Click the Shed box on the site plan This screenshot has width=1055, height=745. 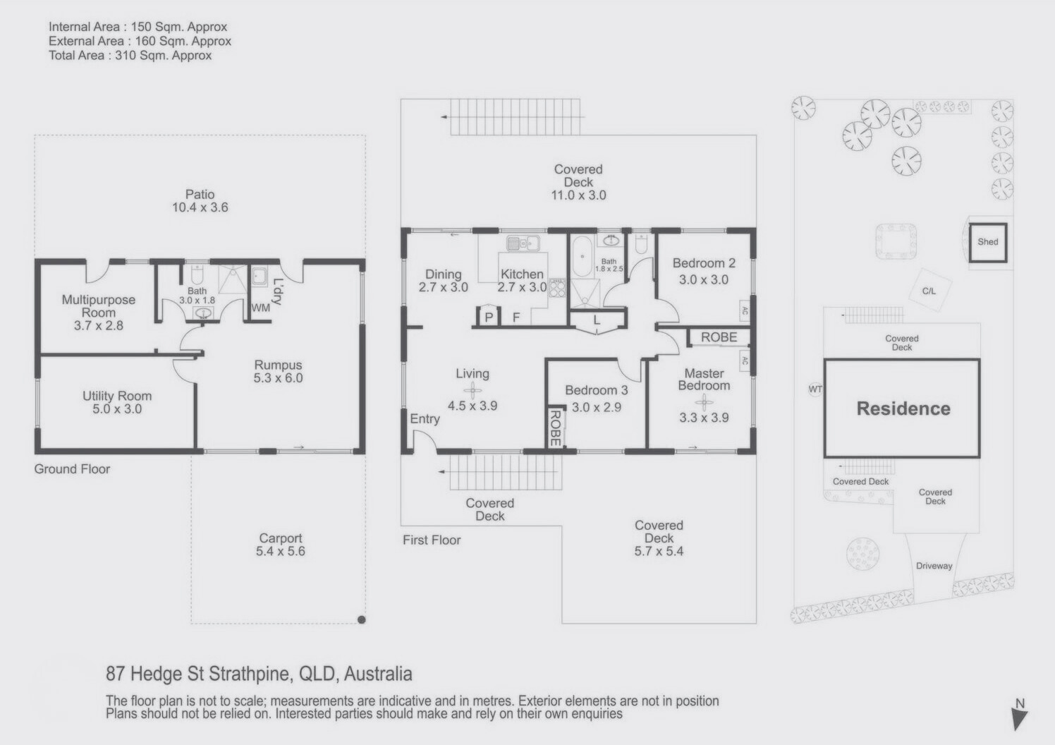(987, 242)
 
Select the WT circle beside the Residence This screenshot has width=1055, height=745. (815, 389)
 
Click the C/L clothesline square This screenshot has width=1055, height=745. (929, 291)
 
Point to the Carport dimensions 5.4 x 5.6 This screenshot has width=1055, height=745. (280, 551)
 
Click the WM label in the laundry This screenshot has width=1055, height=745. (260, 308)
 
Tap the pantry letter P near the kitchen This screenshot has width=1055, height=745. (489, 317)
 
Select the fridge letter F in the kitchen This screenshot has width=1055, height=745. (516, 317)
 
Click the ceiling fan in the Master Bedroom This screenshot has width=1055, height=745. (704, 402)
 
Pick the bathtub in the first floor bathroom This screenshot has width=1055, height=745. (583, 256)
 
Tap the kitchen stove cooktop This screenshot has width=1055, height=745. (556, 287)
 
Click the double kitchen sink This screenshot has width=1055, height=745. (523, 243)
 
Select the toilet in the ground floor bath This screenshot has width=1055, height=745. (197, 274)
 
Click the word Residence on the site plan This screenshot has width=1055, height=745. (903, 408)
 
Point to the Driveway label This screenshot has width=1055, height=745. (934, 566)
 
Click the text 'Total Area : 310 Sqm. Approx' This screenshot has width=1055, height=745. (130, 56)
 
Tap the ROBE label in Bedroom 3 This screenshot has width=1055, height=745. (555, 428)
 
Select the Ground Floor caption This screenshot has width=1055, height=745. (72, 469)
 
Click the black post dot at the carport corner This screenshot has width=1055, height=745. (361, 619)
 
